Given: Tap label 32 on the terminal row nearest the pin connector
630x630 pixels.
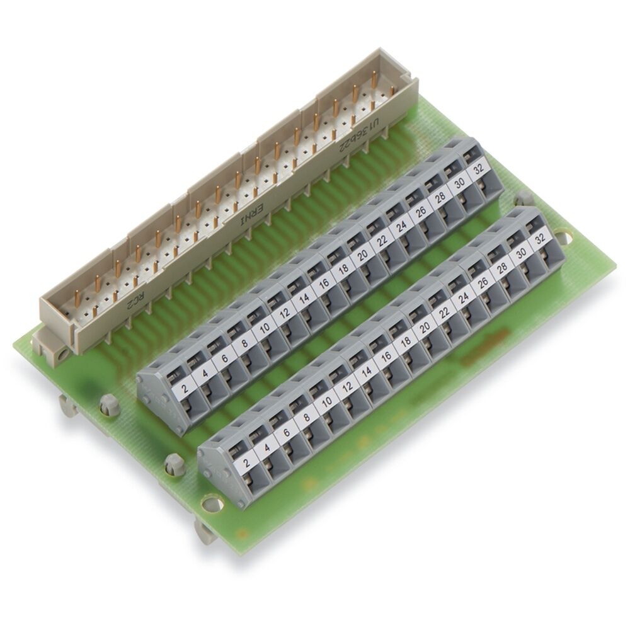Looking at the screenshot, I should point(478,169).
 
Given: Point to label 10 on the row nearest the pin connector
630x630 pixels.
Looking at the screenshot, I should point(265,327).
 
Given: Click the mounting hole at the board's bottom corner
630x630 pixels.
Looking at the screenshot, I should point(212,503).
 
